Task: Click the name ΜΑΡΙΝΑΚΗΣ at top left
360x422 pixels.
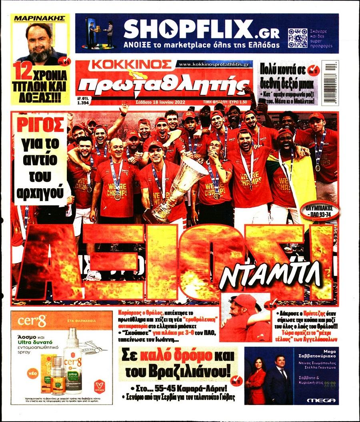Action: (x=40, y=19)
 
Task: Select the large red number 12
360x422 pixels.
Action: (x=22, y=72)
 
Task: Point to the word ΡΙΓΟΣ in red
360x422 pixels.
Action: (x=40, y=123)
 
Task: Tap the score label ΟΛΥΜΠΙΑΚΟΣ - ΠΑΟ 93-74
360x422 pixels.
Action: (x=318, y=212)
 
